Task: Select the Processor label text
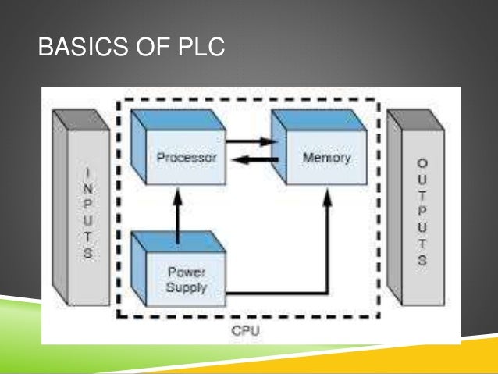[186, 157]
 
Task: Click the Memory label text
[325, 157]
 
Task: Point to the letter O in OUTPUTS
[422, 162]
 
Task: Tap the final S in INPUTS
[88, 254]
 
